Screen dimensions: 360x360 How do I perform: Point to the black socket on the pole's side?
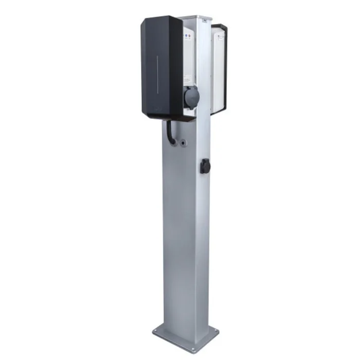205,166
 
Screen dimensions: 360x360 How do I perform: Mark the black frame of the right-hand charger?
225,67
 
